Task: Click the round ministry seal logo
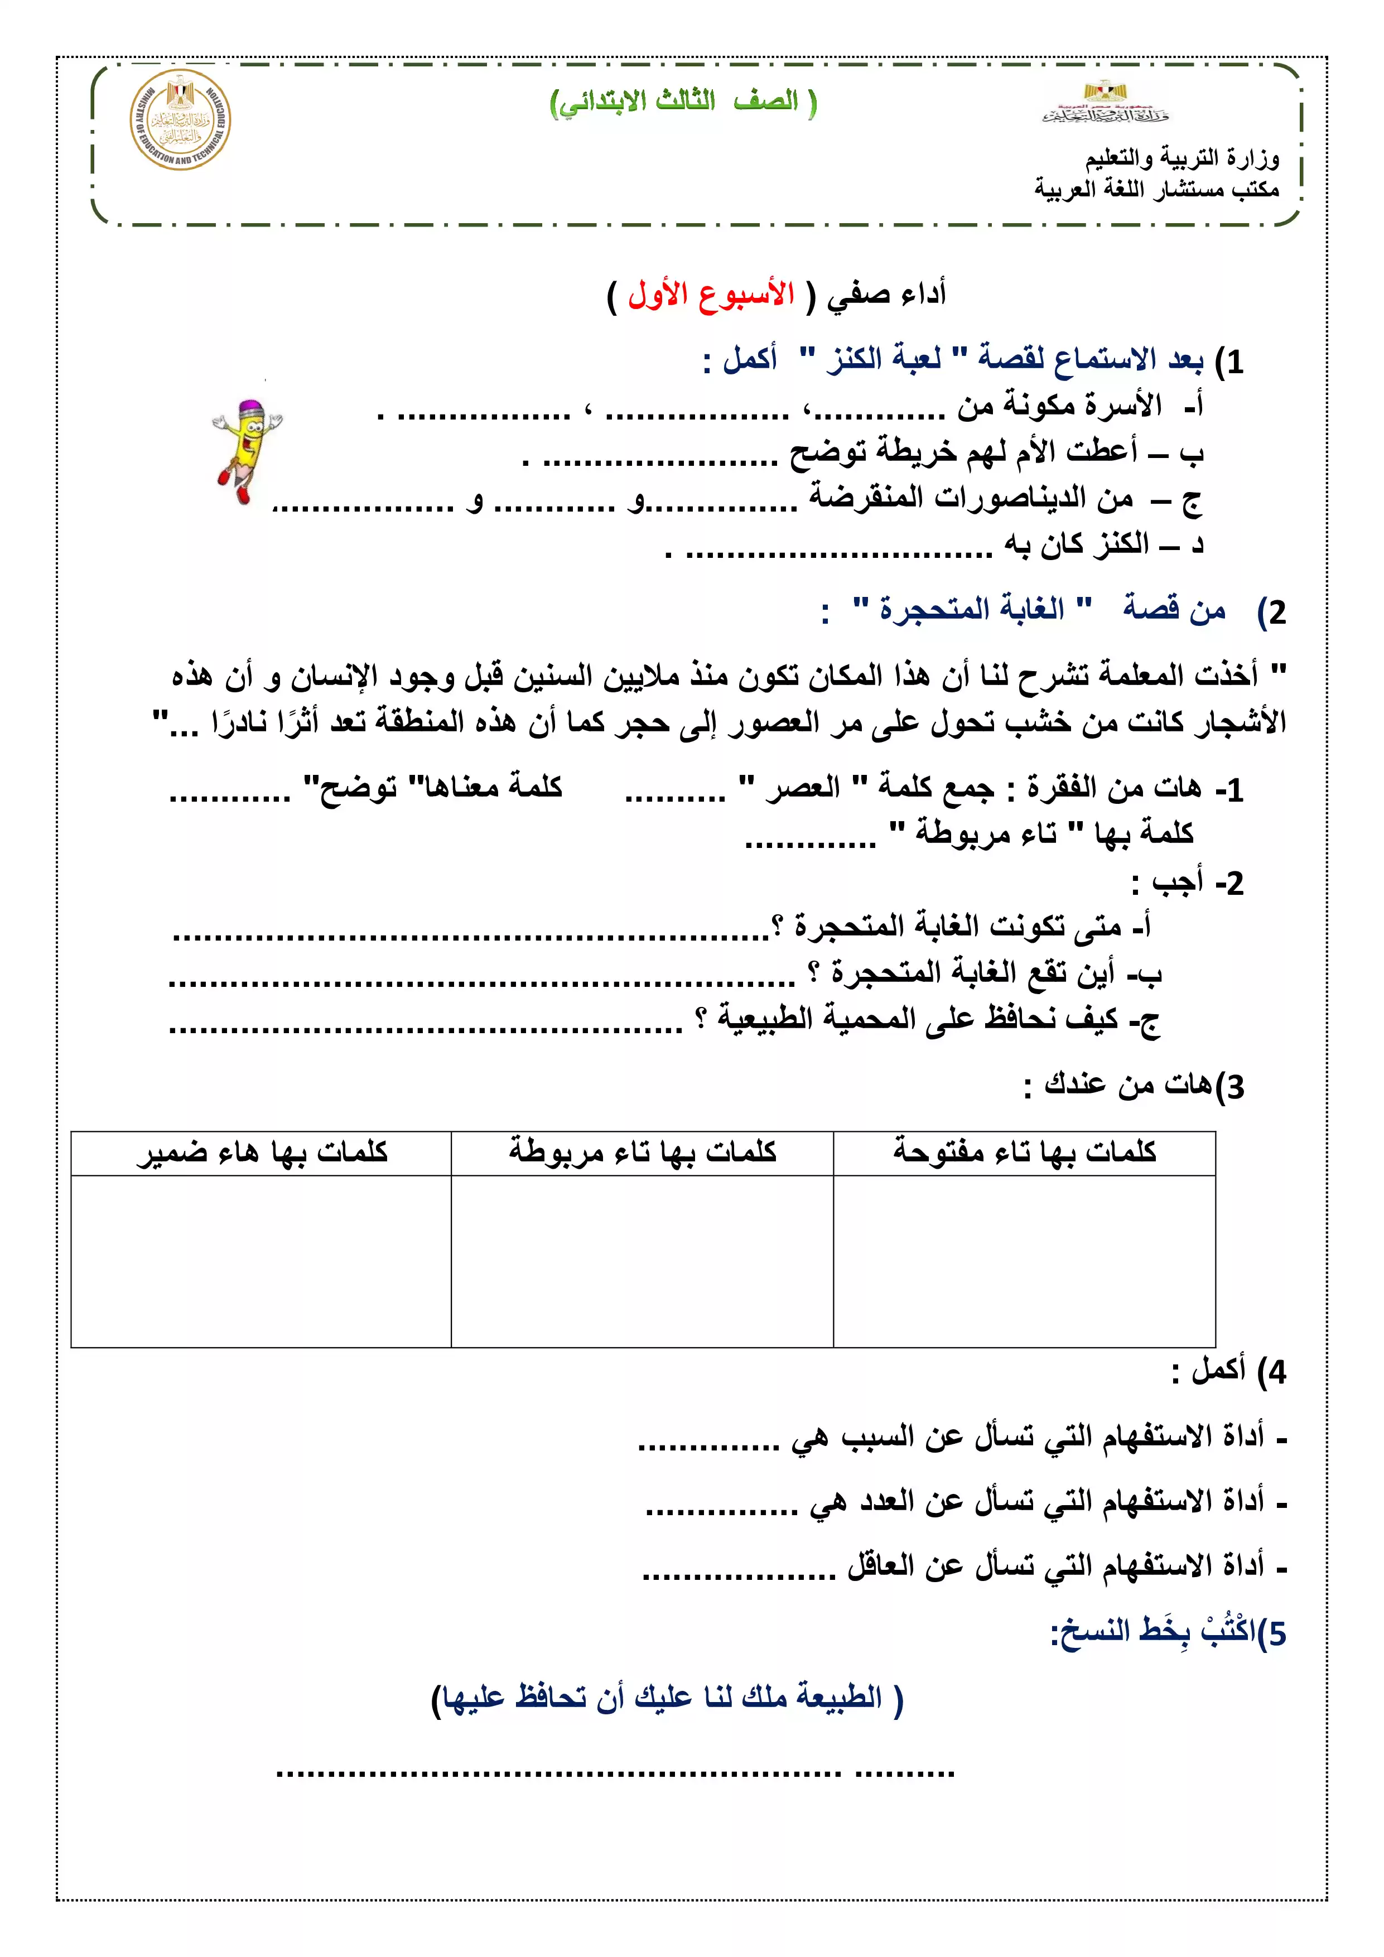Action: pyautogui.click(x=180, y=120)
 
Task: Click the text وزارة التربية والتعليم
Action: pyautogui.click(x=1182, y=158)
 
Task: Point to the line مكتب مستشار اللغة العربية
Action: pyautogui.click(x=1156, y=189)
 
